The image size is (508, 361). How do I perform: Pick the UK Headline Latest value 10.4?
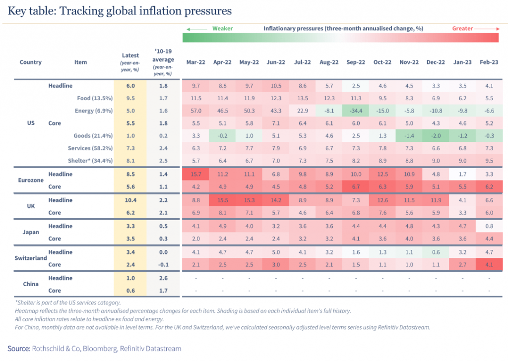pyautogui.click(x=130, y=200)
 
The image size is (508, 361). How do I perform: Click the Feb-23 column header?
pyautogui.click(x=489, y=62)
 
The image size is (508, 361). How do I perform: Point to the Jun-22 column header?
pyautogui.click(x=275, y=62)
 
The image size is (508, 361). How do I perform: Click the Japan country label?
pyautogui.click(x=31, y=233)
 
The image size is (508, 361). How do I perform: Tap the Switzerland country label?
pyautogui.click(x=31, y=258)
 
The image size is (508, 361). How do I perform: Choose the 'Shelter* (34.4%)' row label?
pyautogui.click(x=90, y=161)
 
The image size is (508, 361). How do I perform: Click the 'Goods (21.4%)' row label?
pyautogui.click(x=95, y=135)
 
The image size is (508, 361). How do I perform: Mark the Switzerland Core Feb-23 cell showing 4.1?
pyautogui.click(x=489, y=265)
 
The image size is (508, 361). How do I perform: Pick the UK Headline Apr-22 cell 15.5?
pyautogui.click(x=222, y=200)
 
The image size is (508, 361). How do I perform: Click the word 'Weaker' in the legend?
pyautogui.click(x=222, y=29)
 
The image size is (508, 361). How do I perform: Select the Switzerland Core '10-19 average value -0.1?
pyautogui.click(x=163, y=265)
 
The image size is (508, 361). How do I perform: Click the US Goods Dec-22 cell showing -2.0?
pyautogui.click(x=436, y=135)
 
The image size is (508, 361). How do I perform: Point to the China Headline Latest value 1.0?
pyautogui.click(x=130, y=278)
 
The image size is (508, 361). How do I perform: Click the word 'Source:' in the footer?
pyautogui.click(x=18, y=349)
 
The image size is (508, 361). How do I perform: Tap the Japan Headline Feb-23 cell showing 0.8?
pyautogui.click(x=489, y=226)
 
